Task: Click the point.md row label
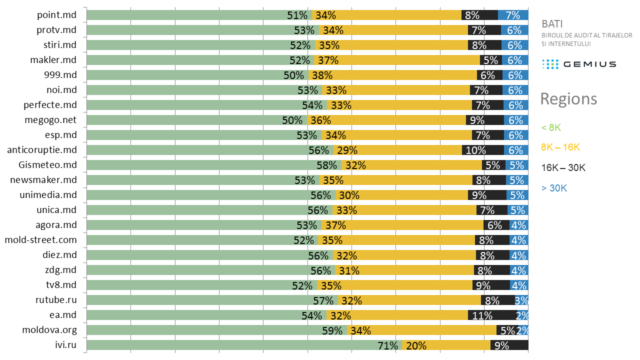pos(57,15)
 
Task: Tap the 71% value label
pos(387,345)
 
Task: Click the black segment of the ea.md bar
pos(492,315)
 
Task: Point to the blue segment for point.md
pos(513,15)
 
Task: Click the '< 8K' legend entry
pos(551,127)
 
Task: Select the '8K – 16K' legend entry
pos(560,147)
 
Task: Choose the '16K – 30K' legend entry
pos(563,168)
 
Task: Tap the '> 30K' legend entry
pos(554,188)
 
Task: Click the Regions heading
pos(568,99)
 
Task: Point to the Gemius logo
pos(579,64)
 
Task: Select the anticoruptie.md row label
pos(42,150)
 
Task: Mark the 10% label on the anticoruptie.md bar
pos(475,150)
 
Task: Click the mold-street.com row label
pos(41,240)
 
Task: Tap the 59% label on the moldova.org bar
pos(332,330)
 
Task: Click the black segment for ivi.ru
pos(509,345)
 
